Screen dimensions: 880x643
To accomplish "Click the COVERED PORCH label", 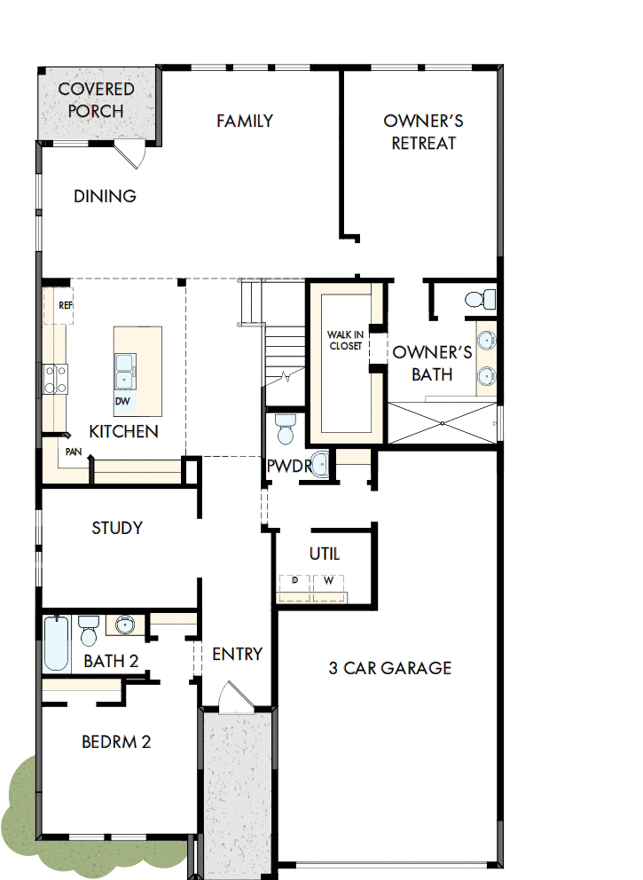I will pos(96,100).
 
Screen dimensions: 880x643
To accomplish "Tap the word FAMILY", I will pos(245,121).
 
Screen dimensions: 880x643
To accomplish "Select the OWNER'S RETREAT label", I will pos(423,131).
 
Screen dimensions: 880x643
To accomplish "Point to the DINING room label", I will pos(105,196).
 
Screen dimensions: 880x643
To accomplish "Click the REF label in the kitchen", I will pos(65,304).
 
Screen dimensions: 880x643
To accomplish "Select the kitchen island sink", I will pos(124,370).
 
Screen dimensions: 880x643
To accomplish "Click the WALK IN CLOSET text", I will pos(344,340).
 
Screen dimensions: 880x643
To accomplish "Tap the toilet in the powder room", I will pos(285,429).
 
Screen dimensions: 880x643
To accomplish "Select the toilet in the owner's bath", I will pos(480,300).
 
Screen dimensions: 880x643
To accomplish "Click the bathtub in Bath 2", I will pos(56,644).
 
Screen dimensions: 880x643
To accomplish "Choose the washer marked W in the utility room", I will pos(328,581).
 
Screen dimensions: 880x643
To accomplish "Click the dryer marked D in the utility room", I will pos(294,581).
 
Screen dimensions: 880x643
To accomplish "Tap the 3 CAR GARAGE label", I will pos(390,668).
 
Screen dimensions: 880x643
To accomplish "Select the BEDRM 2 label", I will pos(116,742).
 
